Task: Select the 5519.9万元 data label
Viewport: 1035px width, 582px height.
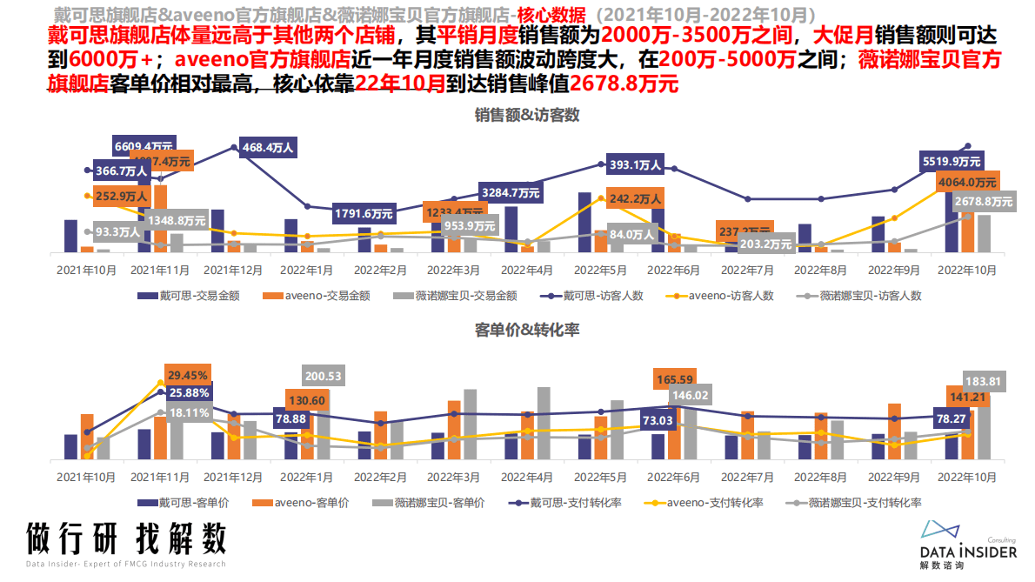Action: click(x=952, y=161)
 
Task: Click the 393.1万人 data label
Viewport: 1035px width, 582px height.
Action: click(x=635, y=164)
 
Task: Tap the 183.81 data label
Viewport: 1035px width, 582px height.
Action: click(x=985, y=380)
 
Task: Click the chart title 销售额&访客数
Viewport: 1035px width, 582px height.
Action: click(x=527, y=115)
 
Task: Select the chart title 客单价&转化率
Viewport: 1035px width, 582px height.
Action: click(x=527, y=330)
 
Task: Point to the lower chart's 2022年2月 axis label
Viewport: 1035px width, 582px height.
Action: click(x=379, y=478)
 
